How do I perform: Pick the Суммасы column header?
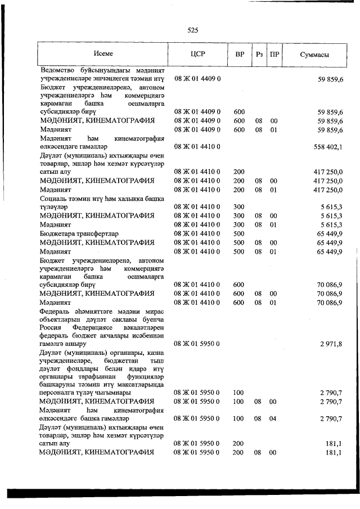[x=314, y=55]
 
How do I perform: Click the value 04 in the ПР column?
[x=274, y=418]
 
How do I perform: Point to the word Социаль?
[x=54, y=199]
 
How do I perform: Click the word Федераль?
[x=55, y=312]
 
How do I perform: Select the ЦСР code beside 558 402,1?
[x=197, y=147]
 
